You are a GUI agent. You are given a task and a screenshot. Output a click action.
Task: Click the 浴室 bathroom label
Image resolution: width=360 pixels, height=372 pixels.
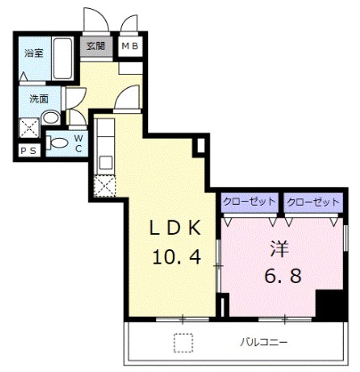pyautogui.click(x=34, y=53)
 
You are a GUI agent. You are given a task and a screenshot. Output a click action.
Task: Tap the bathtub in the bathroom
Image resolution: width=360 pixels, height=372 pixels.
pyautogui.click(x=62, y=58)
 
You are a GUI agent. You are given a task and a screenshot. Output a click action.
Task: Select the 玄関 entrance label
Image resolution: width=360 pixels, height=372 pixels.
pyautogui.click(x=95, y=46)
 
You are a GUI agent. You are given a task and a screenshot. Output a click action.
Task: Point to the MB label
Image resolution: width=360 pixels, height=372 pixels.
pyautogui.click(x=130, y=46)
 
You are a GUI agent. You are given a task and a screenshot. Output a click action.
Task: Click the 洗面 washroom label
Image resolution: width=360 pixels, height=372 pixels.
pyautogui.click(x=39, y=99)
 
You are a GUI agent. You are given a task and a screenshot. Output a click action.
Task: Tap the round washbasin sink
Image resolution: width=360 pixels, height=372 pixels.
pyautogui.click(x=51, y=117)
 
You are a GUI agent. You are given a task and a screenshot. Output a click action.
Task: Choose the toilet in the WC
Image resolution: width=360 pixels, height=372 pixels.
pyautogui.click(x=57, y=143)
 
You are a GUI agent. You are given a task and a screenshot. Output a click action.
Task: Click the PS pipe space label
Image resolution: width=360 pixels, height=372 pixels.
pyautogui.click(x=29, y=151)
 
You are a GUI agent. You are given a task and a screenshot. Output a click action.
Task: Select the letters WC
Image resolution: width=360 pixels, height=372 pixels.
pyautogui.click(x=78, y=143)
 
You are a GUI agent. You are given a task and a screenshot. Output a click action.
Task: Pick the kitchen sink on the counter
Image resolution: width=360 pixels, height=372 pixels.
pyautogui.click(x=106, y=162)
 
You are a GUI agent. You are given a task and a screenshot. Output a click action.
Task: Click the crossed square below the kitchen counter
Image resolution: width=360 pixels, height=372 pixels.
pyautogui.click(x=104, y=186)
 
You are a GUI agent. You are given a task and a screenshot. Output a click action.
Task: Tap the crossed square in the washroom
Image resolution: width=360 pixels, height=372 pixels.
pyautogui.click(x=29, y=127)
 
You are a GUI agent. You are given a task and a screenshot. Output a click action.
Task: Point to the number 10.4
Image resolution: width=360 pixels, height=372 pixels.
pyautogui.click(x=176, y=257)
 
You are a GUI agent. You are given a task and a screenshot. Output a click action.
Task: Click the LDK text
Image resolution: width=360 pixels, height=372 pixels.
pyautogui.click(x=176, y=229)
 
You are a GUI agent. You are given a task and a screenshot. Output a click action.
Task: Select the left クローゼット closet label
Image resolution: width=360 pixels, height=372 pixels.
pyautogui.click(x=249, y=202)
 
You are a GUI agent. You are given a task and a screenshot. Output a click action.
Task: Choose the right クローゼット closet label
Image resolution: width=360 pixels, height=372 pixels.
pyautogui.click(x=313, y=202)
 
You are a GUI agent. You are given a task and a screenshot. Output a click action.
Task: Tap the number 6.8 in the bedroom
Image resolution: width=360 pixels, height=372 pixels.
pyautogui.click(x=282, y=276)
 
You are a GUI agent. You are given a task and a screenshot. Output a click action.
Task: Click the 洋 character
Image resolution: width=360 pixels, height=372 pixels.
pyautogui.click(x=280, y=248)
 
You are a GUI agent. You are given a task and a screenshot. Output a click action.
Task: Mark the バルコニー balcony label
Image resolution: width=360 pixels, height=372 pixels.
pyautogui.click(x=264, y=343)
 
